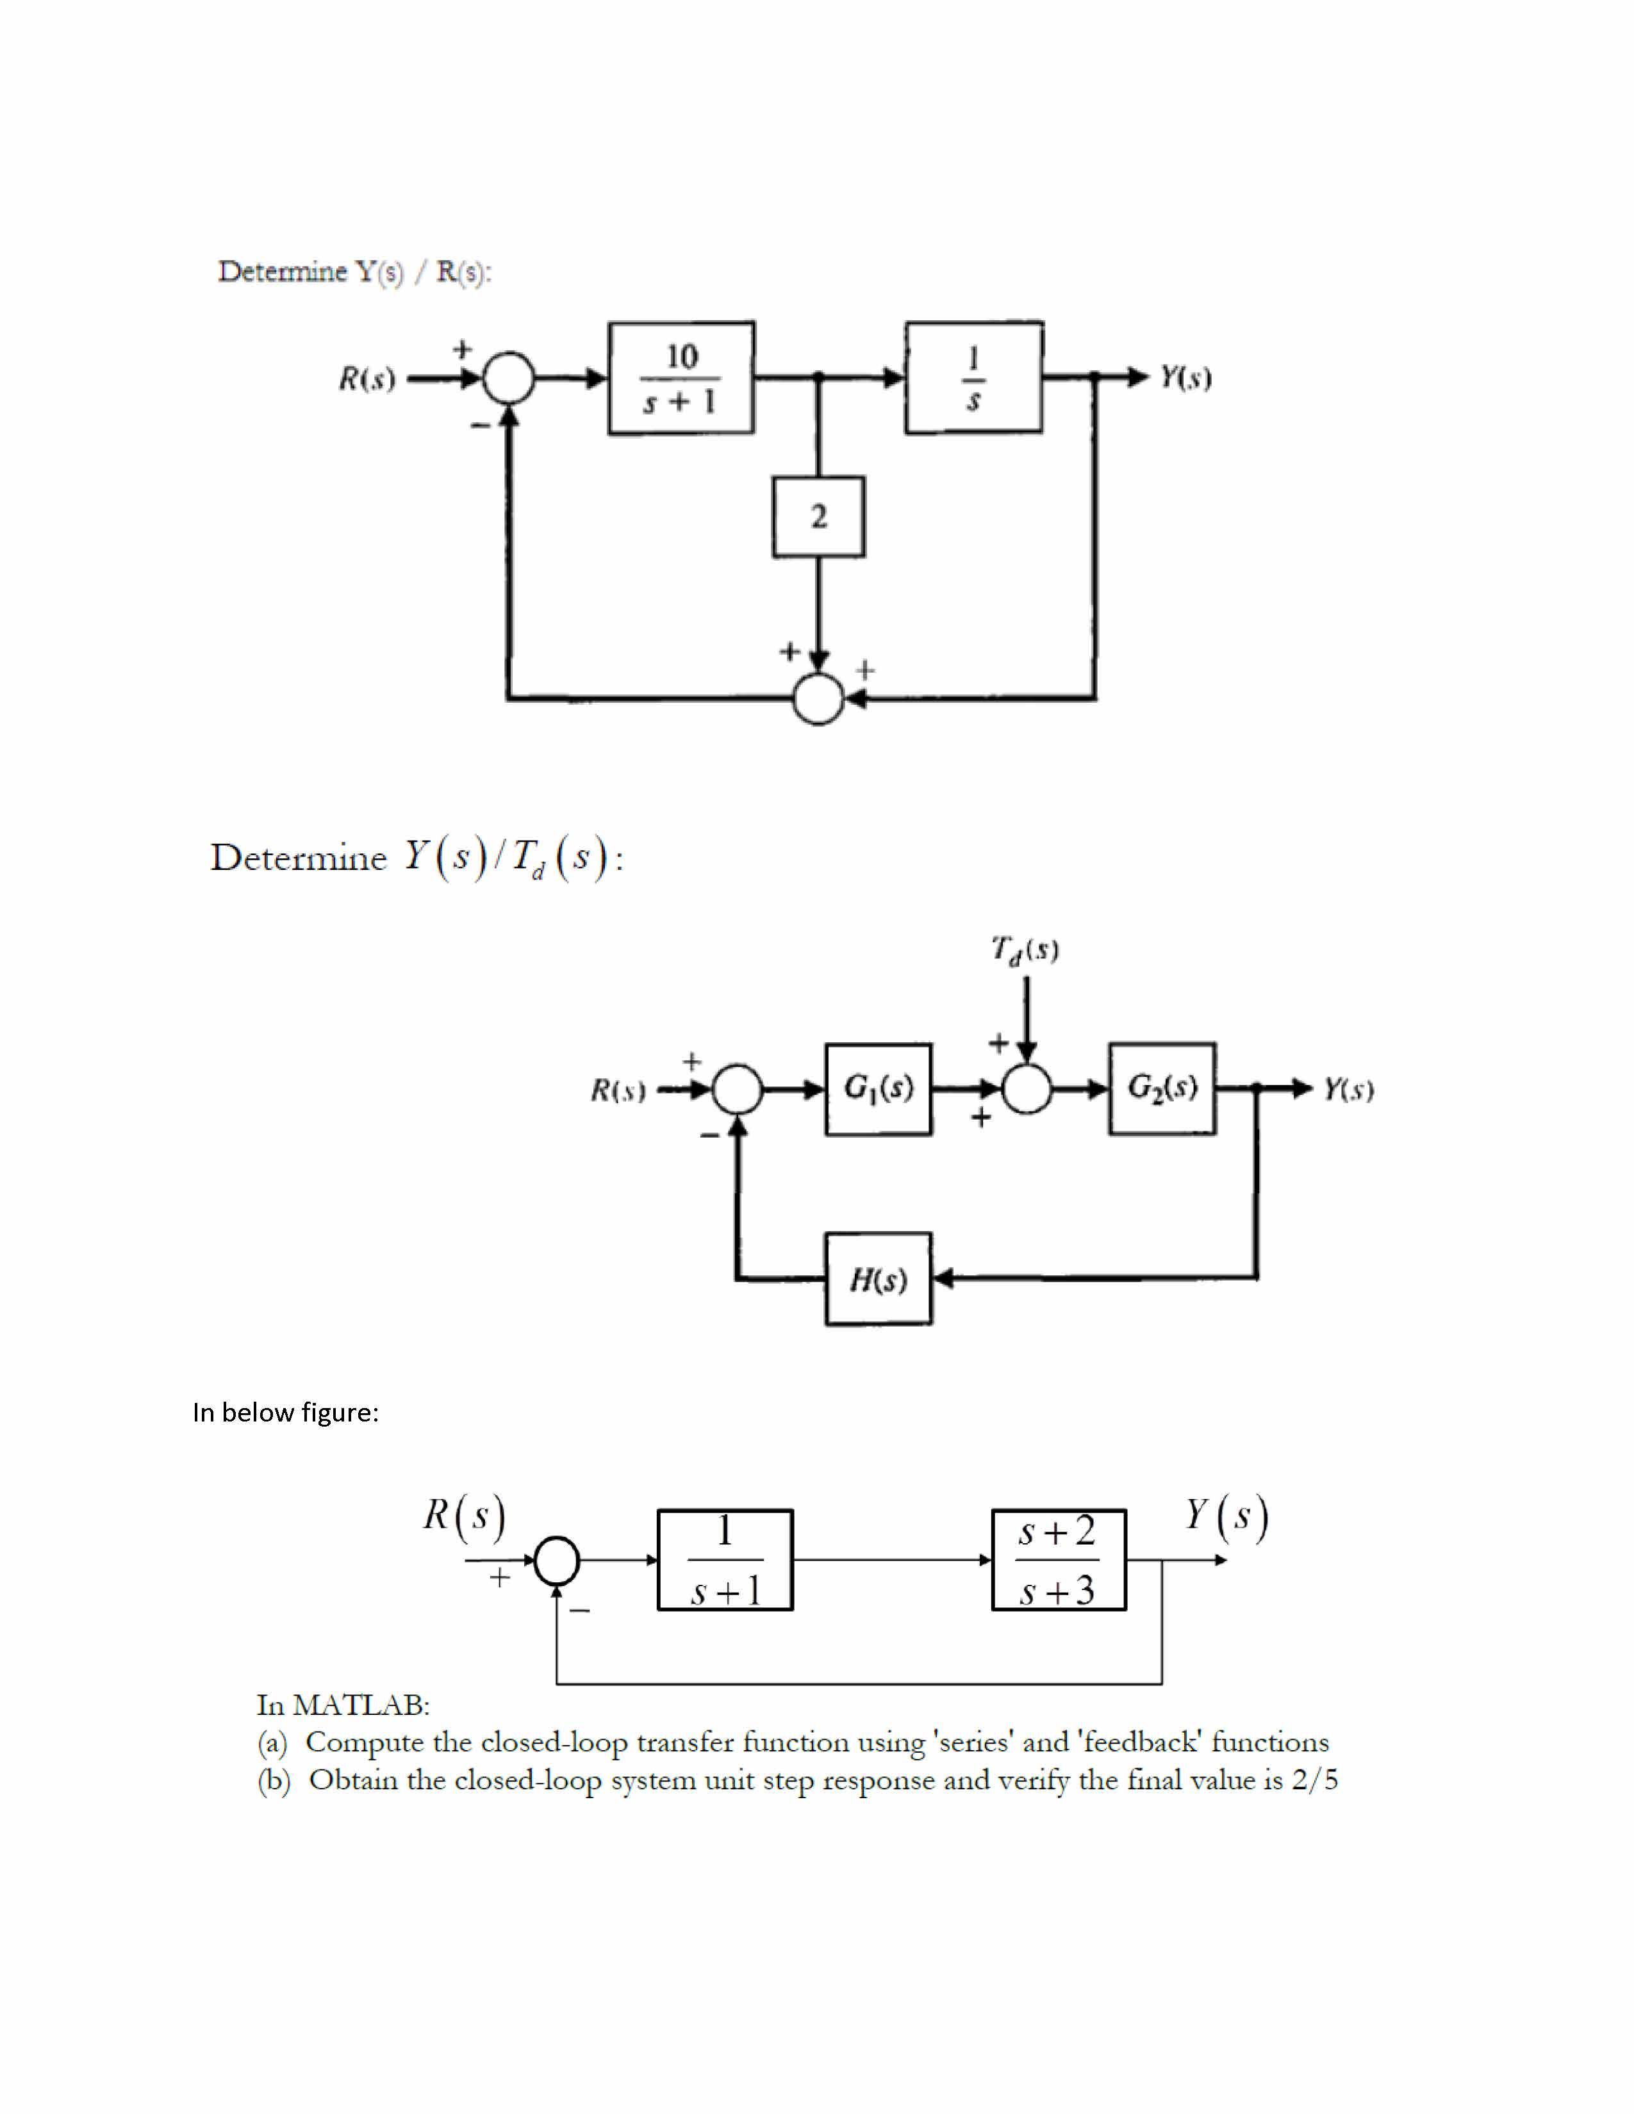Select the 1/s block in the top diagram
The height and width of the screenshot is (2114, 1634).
tap(974, 377)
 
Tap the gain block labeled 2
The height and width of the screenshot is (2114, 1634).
tap(818, 517)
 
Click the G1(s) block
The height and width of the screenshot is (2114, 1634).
tap(878, 1089)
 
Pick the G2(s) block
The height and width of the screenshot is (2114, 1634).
tap(1162, 1089)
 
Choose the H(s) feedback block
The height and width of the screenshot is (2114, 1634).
tap(878, 1279)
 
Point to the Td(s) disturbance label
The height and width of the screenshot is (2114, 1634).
tap(1024, 949)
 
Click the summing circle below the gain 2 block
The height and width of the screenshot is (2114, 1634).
tap(818, 698)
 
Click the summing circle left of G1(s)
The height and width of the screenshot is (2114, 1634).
tap(739, 1090)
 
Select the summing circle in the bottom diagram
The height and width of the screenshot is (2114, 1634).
tap(557, 1561)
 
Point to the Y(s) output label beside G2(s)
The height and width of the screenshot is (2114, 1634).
tap(1348, 1090)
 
